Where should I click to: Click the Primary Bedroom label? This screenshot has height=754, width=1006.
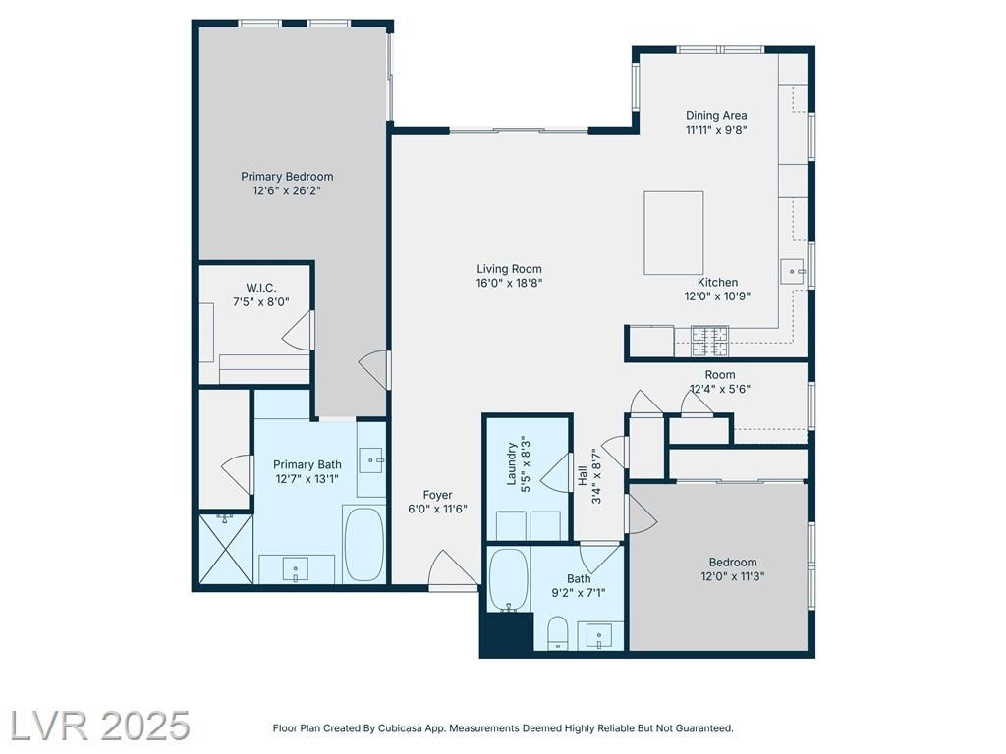pos(287,177)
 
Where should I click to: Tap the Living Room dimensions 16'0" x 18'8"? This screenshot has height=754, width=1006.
pos(510,283)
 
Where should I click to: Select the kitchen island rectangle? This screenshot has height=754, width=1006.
pos(674,233)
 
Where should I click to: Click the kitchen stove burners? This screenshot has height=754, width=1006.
pos(709,341)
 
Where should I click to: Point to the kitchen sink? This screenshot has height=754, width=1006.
pos(794,271)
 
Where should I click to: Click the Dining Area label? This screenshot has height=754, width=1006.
pos(716,116)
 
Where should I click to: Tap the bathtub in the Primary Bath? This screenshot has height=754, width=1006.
pos(363,544)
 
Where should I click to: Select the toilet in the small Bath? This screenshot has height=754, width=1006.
pos(558,633)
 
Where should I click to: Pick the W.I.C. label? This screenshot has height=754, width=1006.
pos(261,288)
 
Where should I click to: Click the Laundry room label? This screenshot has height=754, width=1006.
pos(511,463)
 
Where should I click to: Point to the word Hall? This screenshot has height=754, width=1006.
pos(583,475)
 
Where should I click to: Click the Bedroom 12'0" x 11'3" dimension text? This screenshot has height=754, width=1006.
pos(733,576)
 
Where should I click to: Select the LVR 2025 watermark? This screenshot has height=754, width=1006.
pos(99,726)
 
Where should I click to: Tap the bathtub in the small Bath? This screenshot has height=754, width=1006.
pos(509,579)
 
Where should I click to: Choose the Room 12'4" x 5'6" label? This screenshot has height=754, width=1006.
pos(720,382)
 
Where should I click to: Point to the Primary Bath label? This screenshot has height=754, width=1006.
pos(307,464)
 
